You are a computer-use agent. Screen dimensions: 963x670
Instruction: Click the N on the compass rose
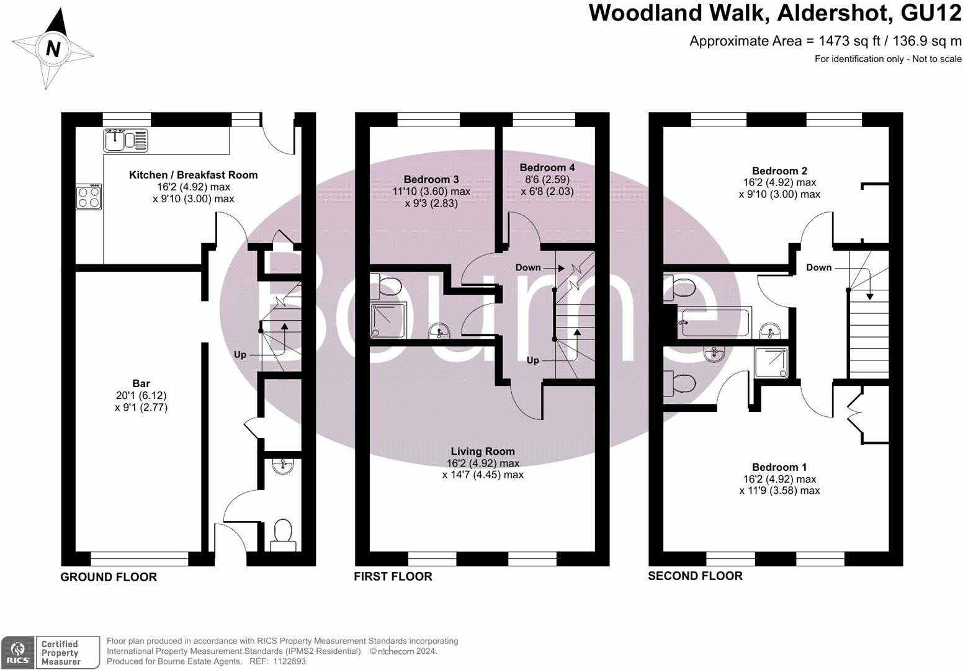(53, 48)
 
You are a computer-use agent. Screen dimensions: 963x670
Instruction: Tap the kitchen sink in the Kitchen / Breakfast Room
(125, 140)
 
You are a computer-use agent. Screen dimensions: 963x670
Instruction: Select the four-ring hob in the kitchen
(89, 197)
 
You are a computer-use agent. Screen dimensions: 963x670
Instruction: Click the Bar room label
(141, 383)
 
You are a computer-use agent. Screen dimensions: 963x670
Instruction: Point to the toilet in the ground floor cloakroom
(283, 535)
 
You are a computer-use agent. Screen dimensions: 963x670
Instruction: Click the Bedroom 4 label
(547, 167)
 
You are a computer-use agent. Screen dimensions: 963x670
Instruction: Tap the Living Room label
(483, 451)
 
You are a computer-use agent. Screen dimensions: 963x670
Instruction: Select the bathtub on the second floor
(714, 323)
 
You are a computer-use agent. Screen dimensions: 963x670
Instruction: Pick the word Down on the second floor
(818, 267)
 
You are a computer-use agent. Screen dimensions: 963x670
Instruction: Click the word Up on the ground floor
(240, 355)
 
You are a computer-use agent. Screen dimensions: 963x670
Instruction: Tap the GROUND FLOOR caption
(109, 577)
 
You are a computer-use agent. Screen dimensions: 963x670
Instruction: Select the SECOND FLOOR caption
(695, 576)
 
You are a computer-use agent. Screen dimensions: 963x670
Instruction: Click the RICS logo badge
(17, 653)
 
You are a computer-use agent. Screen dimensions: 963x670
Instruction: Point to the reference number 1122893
(289, 661)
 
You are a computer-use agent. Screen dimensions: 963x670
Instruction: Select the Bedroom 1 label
(779, 467)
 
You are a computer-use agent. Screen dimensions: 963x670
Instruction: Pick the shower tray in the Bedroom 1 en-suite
(771, 363)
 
